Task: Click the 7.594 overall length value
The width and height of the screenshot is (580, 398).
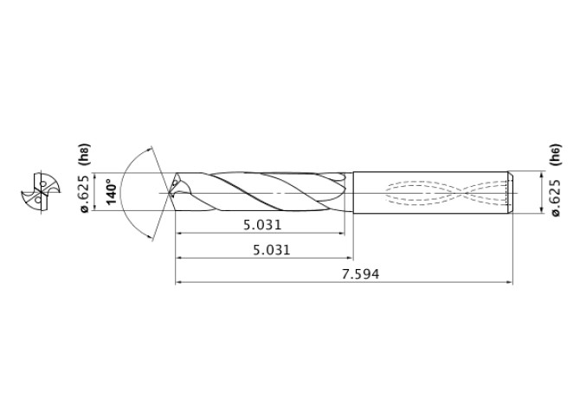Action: pos(361,273)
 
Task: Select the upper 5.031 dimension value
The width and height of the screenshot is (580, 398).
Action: pos(262,225)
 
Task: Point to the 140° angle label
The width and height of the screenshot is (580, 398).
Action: pos(111,191)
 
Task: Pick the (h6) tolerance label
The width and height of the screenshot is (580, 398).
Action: pos(555,156)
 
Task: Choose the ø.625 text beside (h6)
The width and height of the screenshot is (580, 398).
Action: pos(555,196)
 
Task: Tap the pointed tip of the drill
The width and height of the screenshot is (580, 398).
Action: pos(172,191)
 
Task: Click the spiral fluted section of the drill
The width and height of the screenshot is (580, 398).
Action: pos(260,191)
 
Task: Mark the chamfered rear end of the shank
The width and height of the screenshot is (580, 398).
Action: pos(510,191)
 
